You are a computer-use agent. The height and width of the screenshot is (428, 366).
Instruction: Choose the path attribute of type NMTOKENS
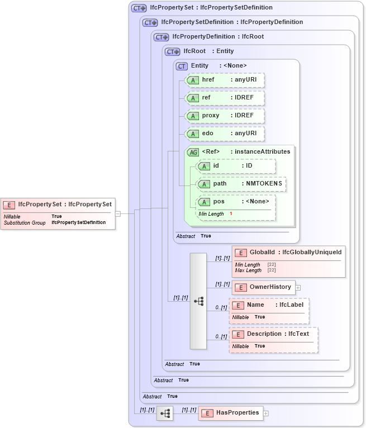(242, 184)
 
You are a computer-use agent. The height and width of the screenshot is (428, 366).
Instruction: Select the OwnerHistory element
(264, 287)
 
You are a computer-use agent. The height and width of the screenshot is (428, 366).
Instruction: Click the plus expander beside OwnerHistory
(298, 288)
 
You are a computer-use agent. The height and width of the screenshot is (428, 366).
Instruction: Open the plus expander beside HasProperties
(266, 413)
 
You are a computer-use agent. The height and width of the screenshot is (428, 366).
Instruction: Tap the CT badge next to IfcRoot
(173, 51)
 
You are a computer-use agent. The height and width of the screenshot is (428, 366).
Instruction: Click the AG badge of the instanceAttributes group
(193, 152)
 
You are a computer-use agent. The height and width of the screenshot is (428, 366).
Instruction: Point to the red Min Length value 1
(231, 214)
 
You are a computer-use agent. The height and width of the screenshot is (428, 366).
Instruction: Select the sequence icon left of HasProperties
(165, 413)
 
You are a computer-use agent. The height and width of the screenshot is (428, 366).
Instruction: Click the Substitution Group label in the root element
(25, 222)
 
